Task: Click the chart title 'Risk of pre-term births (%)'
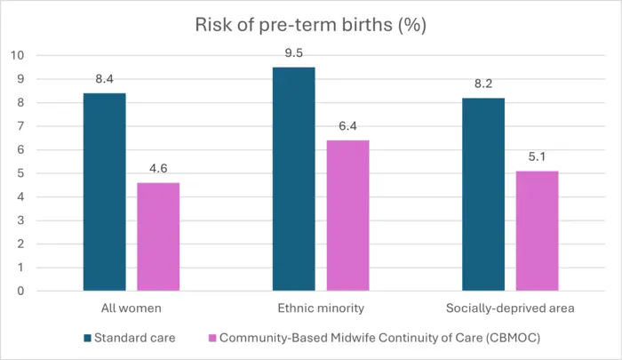click(x=311, y=25)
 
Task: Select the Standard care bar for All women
click(x=104, y=192)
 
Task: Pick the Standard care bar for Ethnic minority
click(x=294, y=179)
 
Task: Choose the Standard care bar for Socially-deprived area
click(x=483, y=194)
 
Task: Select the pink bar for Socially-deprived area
click(x=538, y=230)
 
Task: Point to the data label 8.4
click(x=104, y=80)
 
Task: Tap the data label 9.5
click(x=294, y=54)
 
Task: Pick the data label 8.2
click(x=483, y=84)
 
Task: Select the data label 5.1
click(x=538, y=157)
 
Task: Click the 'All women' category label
click(x=131, y=308)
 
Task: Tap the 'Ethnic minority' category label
click(x=321, y=308)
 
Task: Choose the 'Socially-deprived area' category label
click(x=511, y=308)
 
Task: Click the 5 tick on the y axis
click(x=20, y=173)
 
